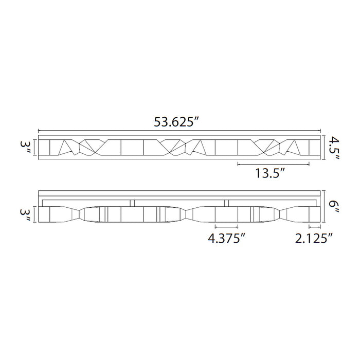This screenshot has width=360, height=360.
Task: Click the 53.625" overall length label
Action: click(176, 122)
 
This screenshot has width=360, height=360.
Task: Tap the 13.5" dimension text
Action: click(271, 173)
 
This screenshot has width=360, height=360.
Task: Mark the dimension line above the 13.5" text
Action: click(273, 165)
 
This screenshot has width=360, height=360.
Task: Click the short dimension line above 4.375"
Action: click(226, 226)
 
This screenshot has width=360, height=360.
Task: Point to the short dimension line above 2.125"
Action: click(314, 226)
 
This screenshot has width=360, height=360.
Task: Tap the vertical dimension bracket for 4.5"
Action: click(325, 148)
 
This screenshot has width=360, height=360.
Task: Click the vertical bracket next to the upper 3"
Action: click(35, 148)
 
